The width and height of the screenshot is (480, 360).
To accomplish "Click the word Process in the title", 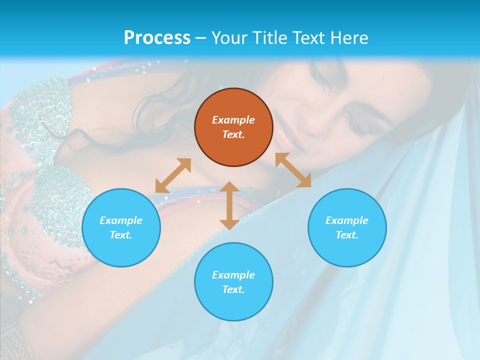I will click(157, 38).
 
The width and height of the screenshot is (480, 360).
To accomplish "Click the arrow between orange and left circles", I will click(173, 175).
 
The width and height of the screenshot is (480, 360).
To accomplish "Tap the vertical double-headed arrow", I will click(229, 205).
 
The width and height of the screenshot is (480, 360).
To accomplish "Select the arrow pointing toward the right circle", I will click(293, 170).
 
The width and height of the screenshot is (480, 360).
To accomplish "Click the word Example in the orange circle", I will click(233, 120).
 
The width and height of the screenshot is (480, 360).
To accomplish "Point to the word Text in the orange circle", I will click(233, 134).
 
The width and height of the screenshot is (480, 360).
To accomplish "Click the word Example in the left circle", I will click(121, 220).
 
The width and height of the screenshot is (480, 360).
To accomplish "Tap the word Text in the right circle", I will click(347, 235).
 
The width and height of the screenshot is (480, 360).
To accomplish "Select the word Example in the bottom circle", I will click(233, 275).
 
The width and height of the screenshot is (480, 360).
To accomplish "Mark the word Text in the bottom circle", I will click(233, 289).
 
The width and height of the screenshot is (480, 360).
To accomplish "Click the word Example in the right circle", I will click(347, 220).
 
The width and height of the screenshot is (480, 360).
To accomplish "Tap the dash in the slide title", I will click(200, 38).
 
